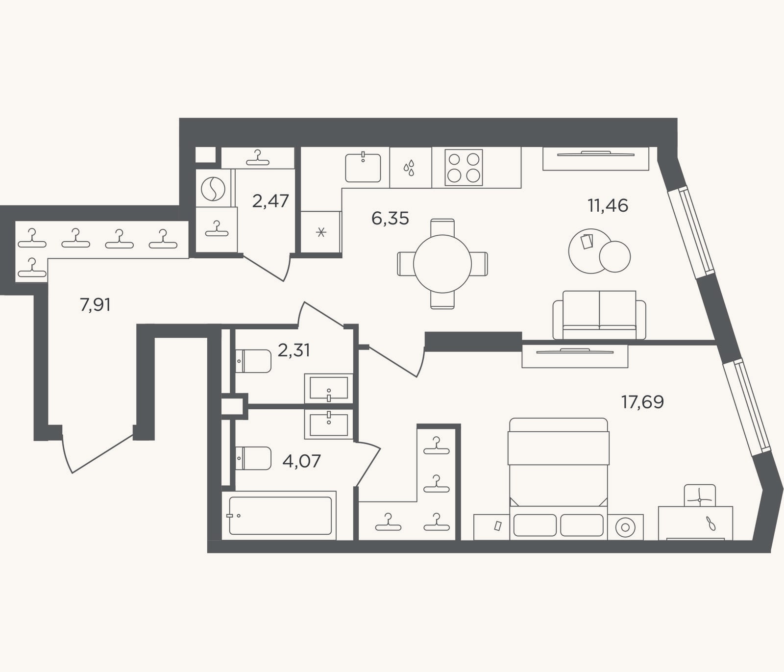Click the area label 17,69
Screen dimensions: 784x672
pos(642,402)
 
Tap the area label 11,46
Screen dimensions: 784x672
pos(608,206)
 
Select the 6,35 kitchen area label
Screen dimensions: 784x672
pos(390,219)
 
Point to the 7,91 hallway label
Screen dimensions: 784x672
pos(95,305)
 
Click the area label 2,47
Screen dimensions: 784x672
pos(270,201)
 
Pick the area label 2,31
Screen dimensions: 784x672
pos(294,350)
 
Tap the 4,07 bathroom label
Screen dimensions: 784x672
pos(301,461)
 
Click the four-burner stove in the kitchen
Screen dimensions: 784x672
pos(464,168)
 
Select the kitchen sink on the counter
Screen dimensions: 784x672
pos(363,168)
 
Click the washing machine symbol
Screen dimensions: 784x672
pos(213,188)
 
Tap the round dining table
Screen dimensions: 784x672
pos(442,264)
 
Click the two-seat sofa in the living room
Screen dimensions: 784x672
pos(599,315)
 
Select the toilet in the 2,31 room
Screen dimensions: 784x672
pos(253,361)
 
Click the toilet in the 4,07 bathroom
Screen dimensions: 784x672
pos(253,458)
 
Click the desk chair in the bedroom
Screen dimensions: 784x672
pos(699,496)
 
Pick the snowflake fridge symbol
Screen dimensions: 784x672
pos(321,232)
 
